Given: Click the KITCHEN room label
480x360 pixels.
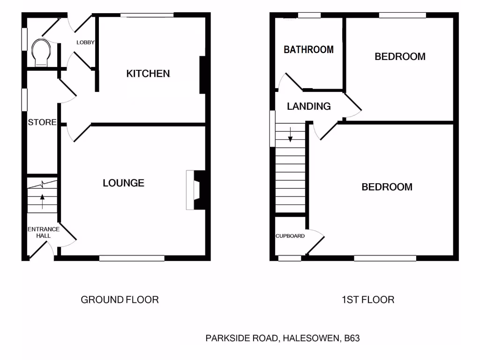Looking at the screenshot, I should [148, 74].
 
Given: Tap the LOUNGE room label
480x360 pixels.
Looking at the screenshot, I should [123, 183].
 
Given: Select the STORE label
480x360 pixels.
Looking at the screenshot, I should [42, 123].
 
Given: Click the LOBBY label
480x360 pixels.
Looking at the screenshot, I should [86, 43].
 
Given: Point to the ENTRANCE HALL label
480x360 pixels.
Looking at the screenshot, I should [43, 232].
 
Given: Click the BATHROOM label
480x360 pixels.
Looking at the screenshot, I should [308, 49].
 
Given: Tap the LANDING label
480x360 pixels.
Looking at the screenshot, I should [308, 106].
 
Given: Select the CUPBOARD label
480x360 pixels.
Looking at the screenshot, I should [290, 236].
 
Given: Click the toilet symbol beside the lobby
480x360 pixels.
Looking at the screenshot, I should [41, 52].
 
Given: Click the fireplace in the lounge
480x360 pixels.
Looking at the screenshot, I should [195, 190].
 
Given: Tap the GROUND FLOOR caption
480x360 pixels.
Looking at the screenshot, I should [120, 300].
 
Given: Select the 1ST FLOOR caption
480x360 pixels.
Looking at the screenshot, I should [367, 300].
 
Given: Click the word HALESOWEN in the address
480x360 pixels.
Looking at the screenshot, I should [310, 338].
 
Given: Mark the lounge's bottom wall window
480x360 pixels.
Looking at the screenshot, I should [132, 257].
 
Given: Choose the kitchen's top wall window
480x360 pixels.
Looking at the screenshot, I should [147, 15].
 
